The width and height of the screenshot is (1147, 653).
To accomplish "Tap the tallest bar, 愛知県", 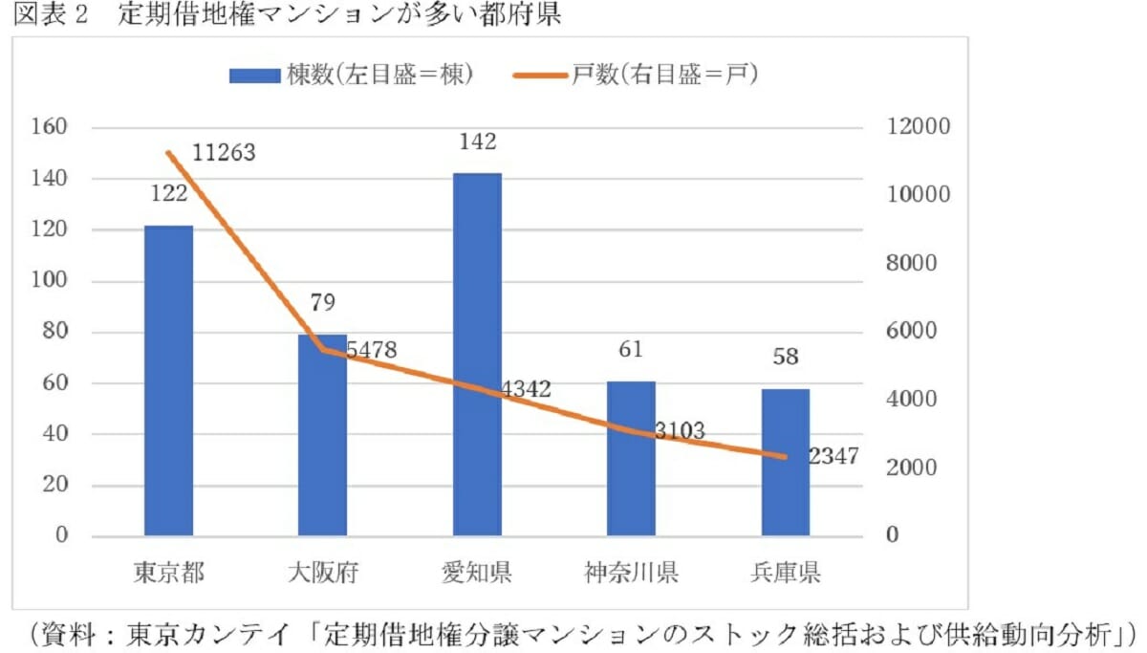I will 477,355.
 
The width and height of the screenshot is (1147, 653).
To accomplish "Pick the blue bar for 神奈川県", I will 631,458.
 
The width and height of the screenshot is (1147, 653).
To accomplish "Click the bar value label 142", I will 477,142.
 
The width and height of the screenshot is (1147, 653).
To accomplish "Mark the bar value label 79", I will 322,303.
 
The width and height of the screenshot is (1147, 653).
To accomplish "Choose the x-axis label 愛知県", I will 477,574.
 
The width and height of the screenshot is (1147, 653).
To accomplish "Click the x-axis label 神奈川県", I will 631,574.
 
